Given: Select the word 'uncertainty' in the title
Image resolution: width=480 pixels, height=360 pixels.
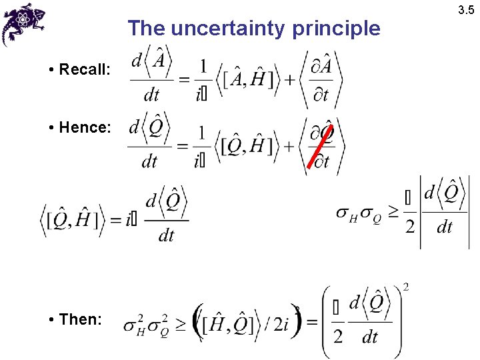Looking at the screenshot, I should pyautogui.click(x=229, y=29).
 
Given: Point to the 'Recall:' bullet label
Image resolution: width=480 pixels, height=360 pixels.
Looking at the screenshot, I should pyautogui.click(x=84, y=69).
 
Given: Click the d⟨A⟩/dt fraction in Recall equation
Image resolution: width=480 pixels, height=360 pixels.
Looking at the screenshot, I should pyautogui.click(x=151, y=79).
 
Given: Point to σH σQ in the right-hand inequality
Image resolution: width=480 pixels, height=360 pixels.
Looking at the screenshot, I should pyautogui.click(x=358, y=214).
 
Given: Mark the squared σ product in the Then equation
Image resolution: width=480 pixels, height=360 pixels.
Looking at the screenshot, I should pyautogui.click(x=147, y=326).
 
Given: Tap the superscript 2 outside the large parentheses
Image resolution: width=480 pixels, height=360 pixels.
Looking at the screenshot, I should pyautogui.click(x=406, y=287).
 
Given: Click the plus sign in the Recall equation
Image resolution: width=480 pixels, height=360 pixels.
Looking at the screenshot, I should pyautogui.click(x=290, y=81).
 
